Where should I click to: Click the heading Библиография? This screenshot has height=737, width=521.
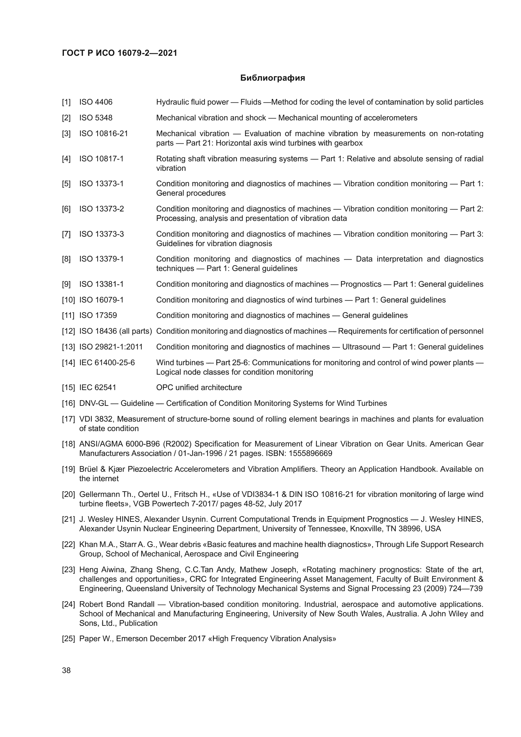click(272, 78)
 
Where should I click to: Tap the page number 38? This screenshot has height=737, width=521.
click(66, 670)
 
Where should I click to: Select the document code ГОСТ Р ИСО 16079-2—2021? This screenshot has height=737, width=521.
click(119, 53)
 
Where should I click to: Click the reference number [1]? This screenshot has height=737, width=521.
click(66, 102)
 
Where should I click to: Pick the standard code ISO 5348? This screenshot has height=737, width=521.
click(96, 118)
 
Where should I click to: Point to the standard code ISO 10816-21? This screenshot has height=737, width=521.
click(103, 134)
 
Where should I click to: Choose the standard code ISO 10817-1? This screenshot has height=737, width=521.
click(101, 158)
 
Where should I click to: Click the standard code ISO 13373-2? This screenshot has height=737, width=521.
click(101, 209)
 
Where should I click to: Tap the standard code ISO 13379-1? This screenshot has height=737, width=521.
click(101, 259)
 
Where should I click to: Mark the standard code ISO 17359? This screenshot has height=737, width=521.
click(98, 315)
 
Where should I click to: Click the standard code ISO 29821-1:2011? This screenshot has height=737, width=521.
click(111, 347)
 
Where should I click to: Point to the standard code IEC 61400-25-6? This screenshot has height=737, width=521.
click(107, 363)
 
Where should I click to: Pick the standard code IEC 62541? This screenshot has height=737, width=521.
click(98, 388)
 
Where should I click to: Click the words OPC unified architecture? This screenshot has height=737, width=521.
click(199, 388)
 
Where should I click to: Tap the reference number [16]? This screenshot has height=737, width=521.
click(68, 404)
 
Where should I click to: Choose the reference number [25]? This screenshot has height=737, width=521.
click(68, 639)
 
